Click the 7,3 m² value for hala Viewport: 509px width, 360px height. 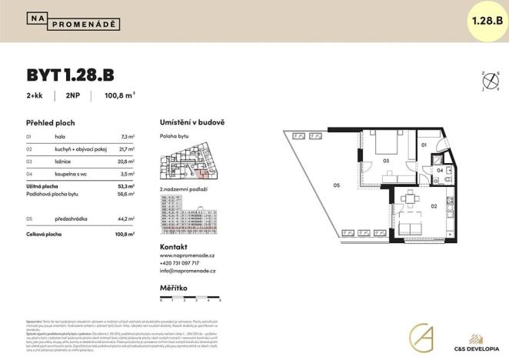point(128,135)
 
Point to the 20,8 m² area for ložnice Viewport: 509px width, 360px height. point(126,162)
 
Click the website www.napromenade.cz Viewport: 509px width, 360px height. point(188,255)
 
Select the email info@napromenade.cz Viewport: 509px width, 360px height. point(188,272)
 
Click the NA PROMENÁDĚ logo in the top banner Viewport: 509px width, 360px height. point(73,21)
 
